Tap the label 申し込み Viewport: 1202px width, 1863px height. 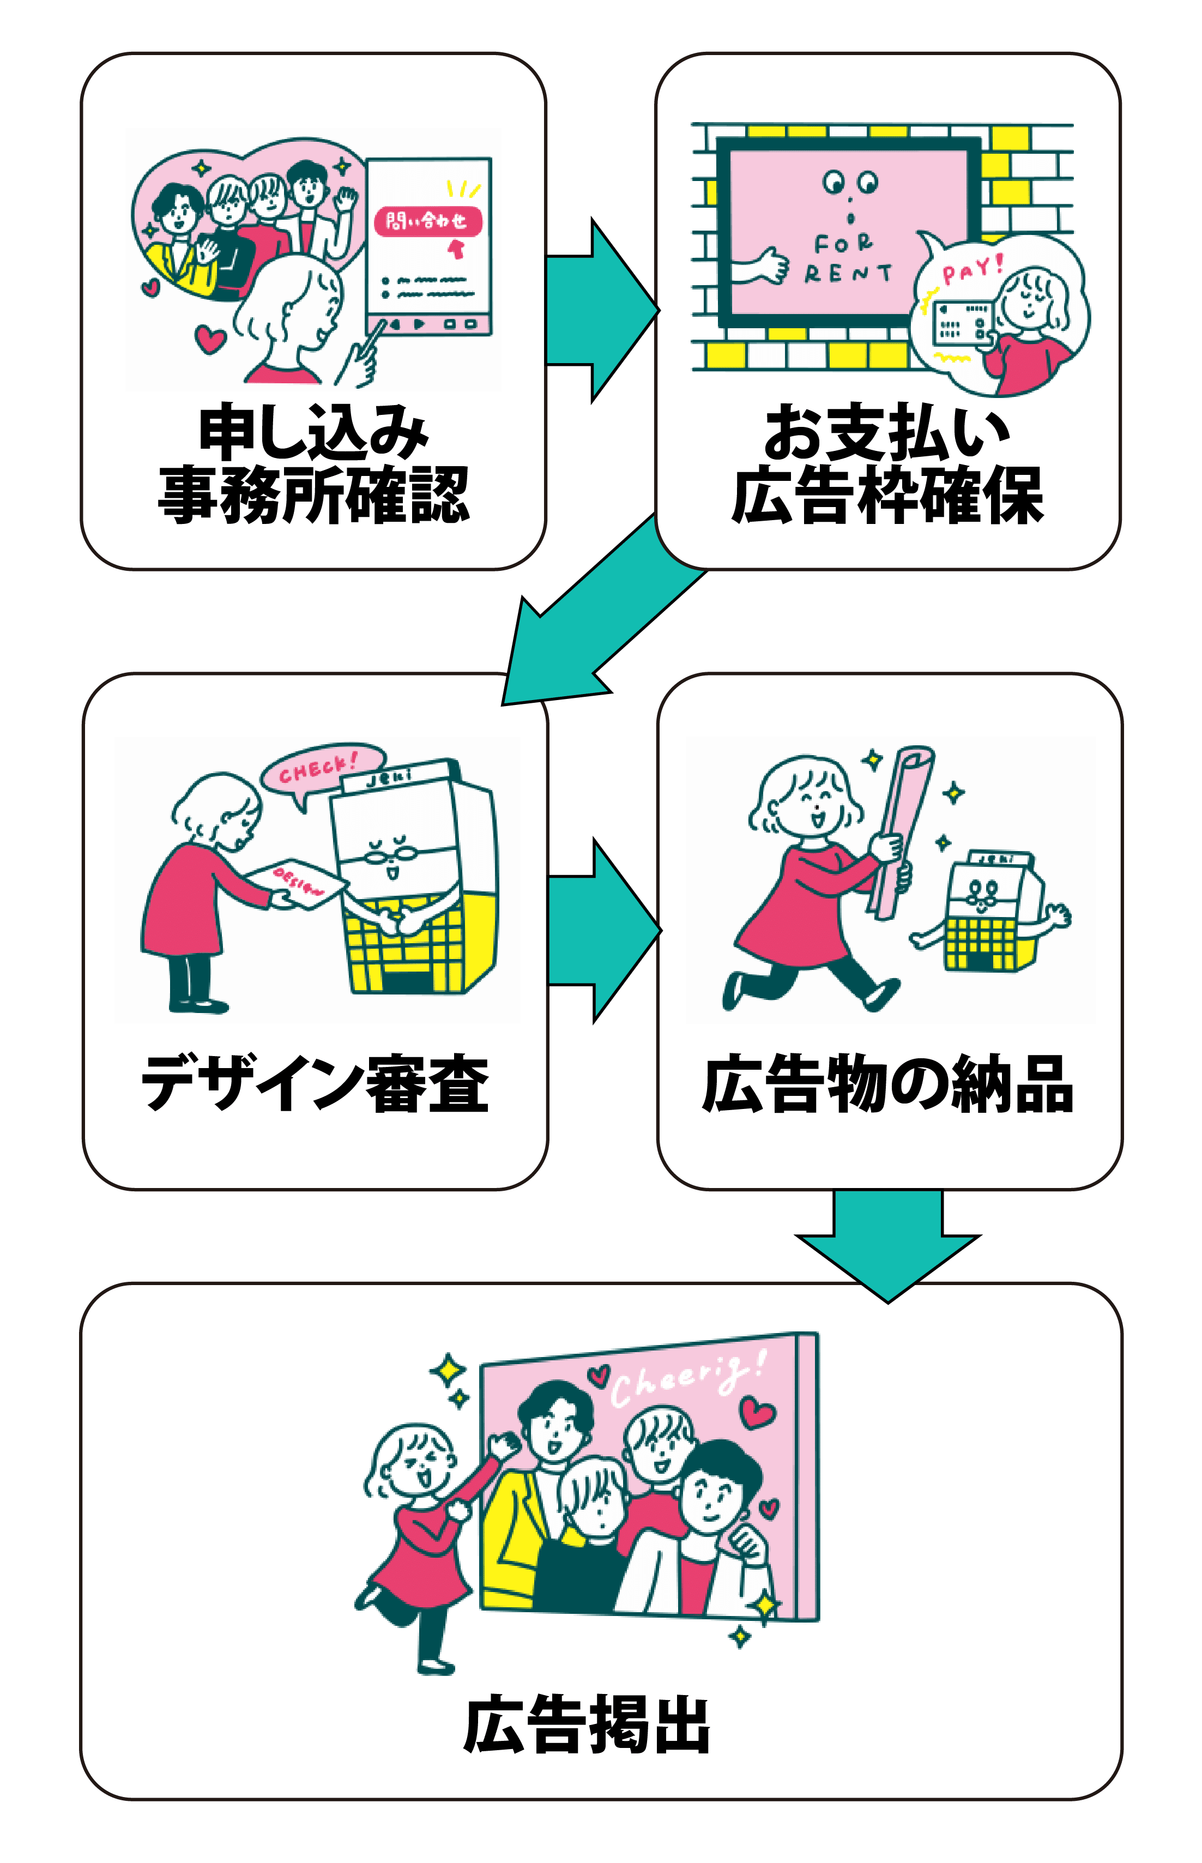[313, 432]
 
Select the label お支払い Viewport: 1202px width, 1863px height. [887, 432]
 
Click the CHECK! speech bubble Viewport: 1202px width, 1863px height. [320, 767]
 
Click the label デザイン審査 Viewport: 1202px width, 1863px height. [315, 1083]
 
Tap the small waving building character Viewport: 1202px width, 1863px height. [990, 912]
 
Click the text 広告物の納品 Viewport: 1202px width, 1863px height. [888, 1083]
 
